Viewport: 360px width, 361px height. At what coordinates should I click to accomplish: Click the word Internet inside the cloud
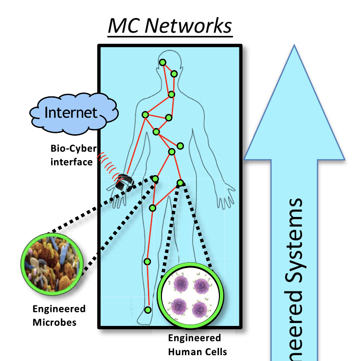tap(71, 112)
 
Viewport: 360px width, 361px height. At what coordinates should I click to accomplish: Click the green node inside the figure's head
tap(163, 62)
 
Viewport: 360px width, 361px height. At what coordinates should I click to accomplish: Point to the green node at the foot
tap(148, 310)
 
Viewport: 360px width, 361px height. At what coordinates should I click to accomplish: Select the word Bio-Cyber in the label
tap(73, 148)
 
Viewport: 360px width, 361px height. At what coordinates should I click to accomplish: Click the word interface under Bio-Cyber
tap(72, 162)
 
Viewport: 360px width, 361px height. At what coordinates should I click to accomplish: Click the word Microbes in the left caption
tap(54, 322)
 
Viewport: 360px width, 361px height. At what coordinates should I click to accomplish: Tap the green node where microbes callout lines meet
tap(155, 179)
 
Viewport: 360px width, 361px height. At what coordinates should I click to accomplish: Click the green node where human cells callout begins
tap(180, 183)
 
